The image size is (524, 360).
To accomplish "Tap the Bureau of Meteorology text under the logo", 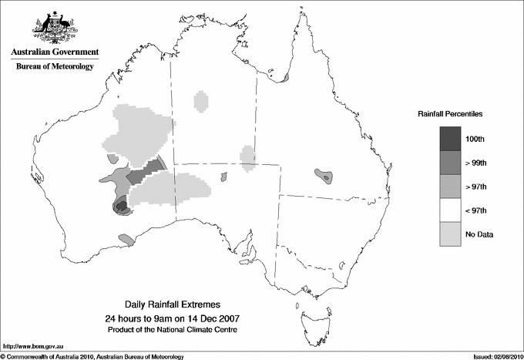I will coord(55,67).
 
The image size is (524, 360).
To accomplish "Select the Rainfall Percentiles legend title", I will coord(450,114).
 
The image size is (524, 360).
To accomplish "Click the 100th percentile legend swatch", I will coord(451,138).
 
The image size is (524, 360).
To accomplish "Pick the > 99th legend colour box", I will coord(451,162).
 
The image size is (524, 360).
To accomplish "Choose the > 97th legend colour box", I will coord(451,186).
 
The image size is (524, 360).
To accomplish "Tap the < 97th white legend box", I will coord(451,210).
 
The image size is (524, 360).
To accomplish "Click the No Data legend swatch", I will coord(451,234).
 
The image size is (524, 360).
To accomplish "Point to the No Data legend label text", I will coord(479,234).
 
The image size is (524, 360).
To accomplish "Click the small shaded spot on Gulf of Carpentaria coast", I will coord(285,78).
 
